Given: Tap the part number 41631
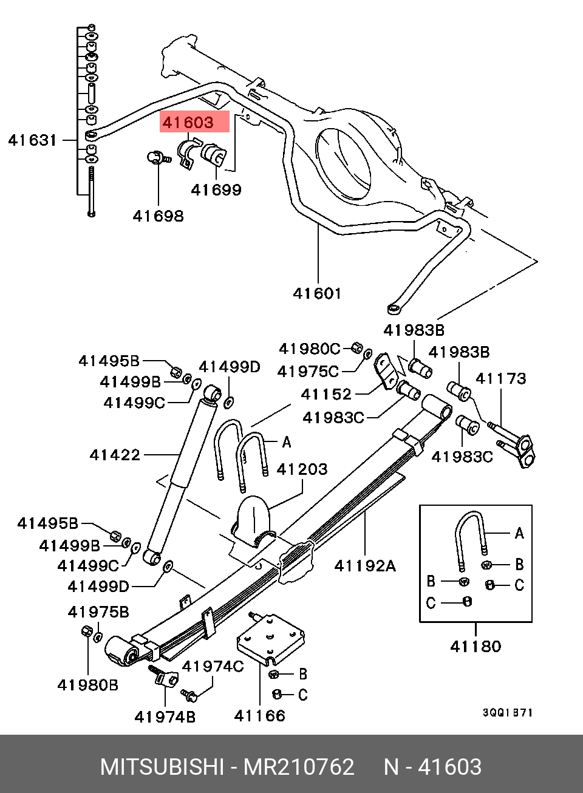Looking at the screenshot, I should tap(32, 140).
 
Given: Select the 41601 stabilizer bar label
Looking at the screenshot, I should tap(317, 293).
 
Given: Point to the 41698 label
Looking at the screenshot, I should tap(158, 216).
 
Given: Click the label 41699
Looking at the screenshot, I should tap(216, 190).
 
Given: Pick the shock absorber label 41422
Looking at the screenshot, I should tap(115, 455).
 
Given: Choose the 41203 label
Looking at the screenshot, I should tap(302, 469).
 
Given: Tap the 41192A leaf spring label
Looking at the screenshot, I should tap(365, 566).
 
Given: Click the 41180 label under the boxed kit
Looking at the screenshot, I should tap(476, 646).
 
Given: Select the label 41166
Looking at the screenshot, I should tap(259, 716).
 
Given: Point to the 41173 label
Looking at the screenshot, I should tap(500, 378).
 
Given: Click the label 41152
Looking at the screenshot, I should tap(326, 394).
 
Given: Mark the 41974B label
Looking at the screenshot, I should tap(165, 717).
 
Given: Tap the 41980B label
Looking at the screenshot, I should tap(87, 686).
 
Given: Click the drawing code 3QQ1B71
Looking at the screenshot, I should tap(508, 713).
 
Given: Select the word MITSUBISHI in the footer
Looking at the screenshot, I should tap(162, 767).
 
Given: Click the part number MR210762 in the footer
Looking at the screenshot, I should tap(299, 767).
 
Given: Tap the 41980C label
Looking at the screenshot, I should tap(309, 349).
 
